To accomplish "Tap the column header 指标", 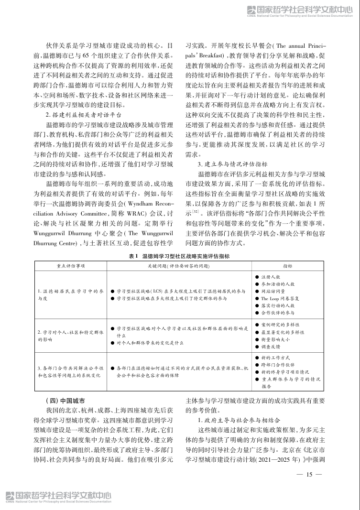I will tap(288, 265).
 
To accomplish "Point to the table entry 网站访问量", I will tap(273, 291).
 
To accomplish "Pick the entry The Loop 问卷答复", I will tap(280, 298).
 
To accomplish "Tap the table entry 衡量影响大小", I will tap(275, 339).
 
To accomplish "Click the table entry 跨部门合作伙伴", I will tap(277, 365).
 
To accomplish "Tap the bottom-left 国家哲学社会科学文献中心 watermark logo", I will tap(56, 497).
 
